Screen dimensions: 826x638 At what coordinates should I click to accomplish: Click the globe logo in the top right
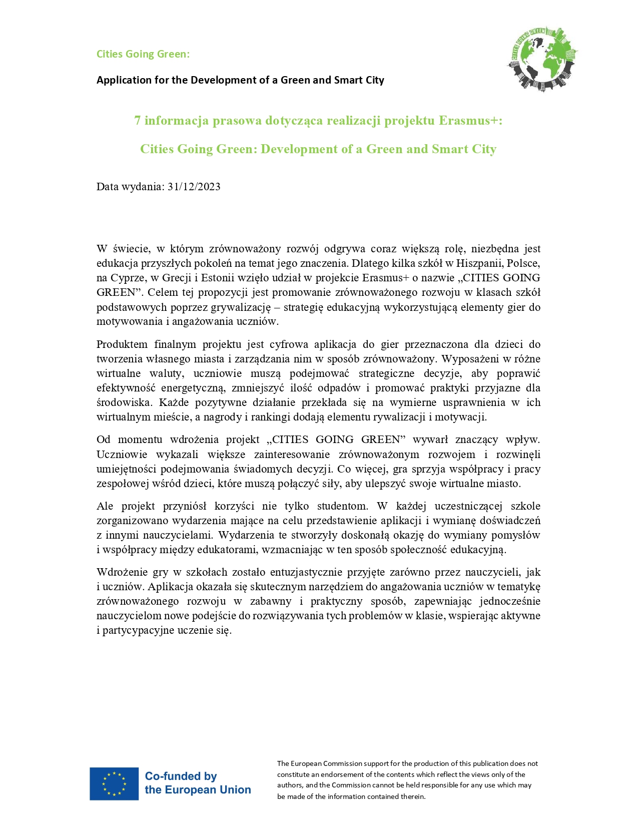point(542,59)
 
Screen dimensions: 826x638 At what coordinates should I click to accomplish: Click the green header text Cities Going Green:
point(143,54)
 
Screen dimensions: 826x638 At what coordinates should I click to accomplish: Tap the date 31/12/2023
point(194,187)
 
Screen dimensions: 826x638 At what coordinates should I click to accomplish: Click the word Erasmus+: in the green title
point(470,121)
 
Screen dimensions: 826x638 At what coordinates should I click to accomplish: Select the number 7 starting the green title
point(137,121)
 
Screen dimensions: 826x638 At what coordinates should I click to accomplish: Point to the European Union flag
point(114,783)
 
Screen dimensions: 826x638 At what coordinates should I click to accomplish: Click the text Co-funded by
point(181,776)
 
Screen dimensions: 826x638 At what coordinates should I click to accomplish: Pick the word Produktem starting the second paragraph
point(122,344)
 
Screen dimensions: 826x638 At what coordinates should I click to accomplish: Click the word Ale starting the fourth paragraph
point(105,506)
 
